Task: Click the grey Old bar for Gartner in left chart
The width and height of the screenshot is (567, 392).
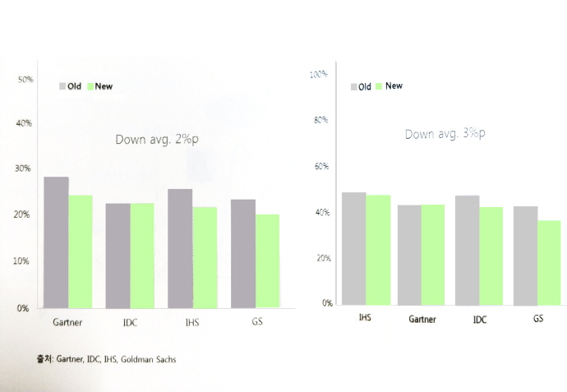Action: click(56, 242)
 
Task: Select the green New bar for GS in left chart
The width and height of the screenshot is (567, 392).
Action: click(267, 261)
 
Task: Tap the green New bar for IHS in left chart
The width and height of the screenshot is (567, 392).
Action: click(205, 257)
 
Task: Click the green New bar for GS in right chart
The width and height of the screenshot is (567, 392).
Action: click(548, 261)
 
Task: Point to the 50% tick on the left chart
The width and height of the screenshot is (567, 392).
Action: click(25, 80)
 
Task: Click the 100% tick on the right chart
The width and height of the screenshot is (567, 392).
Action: click(319, 75)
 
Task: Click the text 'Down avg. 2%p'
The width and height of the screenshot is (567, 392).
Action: click(157, 140)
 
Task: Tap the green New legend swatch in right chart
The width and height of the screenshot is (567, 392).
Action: click(379, 86)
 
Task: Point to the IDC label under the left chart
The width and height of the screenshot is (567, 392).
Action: click(130, 322)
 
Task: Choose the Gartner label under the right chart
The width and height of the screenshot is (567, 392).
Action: click(422, 318)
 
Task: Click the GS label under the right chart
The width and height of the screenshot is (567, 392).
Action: click(538, 317)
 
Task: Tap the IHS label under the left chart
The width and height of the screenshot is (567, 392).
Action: click(191, 322)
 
